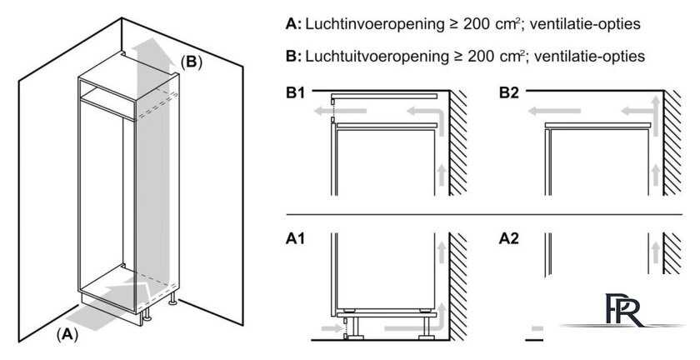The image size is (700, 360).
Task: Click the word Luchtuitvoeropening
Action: [377, 57]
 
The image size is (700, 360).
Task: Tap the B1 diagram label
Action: [296, 94]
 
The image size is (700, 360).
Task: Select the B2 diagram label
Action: [509, 94]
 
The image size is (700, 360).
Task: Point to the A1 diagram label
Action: [295, 239]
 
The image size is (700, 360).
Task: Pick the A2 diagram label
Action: [509, 239]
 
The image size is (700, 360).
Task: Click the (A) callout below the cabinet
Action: [67, 334]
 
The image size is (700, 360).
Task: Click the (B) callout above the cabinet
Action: [192, 62]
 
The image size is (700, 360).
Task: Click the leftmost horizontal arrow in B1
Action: [340, 111]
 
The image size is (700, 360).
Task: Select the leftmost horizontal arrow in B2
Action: [554, 111]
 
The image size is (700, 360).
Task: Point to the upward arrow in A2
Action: [655, 252]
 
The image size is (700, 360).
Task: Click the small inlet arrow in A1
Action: [331, 328]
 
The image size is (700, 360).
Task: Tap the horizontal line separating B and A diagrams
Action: [484, 214]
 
